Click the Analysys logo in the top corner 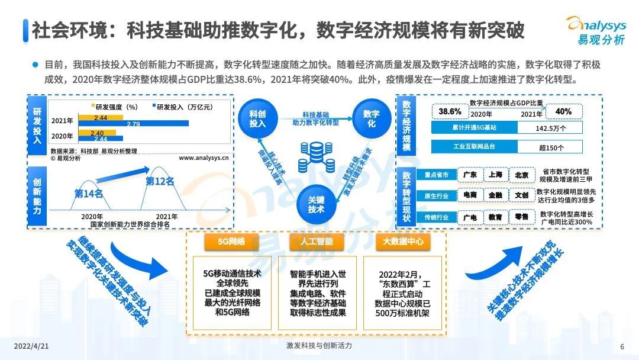click(x=595, y=30)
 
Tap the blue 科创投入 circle click(x=257, y=117)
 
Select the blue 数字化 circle click(x=372, y=117)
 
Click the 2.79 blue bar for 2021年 click(x=133, y=124)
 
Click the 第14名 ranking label click(x=89, y=193)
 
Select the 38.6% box click(x=450, y=112)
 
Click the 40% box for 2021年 click(x=563, y=112)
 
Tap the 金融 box click(x=496, y=195)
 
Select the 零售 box click(x=521, y=217)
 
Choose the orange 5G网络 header click(x=232, y=242)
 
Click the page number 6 click(x=622, y=347)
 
